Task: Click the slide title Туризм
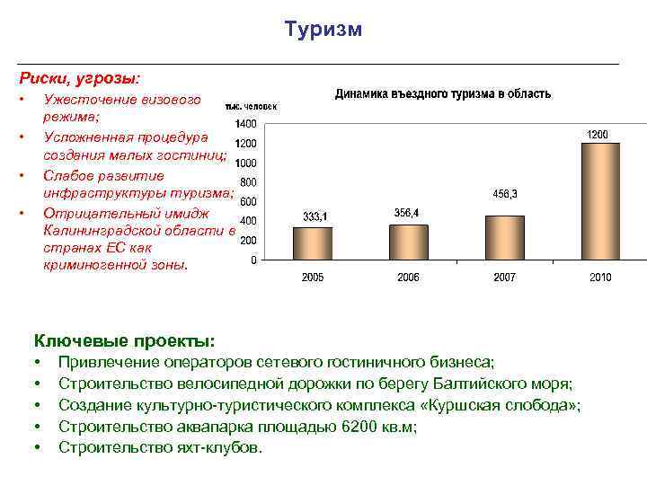pos(323,30)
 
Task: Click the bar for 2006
pos(409,241)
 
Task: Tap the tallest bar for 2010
pos(600,200)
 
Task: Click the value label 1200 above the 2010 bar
pos(598,134)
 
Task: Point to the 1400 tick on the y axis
pos(244,123)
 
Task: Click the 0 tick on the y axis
pos(253,260)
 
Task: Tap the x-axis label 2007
pos(504,278)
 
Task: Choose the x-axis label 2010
pos(600,278)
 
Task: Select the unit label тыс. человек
pos(251,105)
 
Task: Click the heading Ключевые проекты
pos(124,341)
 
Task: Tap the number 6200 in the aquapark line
pos(362,427)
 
